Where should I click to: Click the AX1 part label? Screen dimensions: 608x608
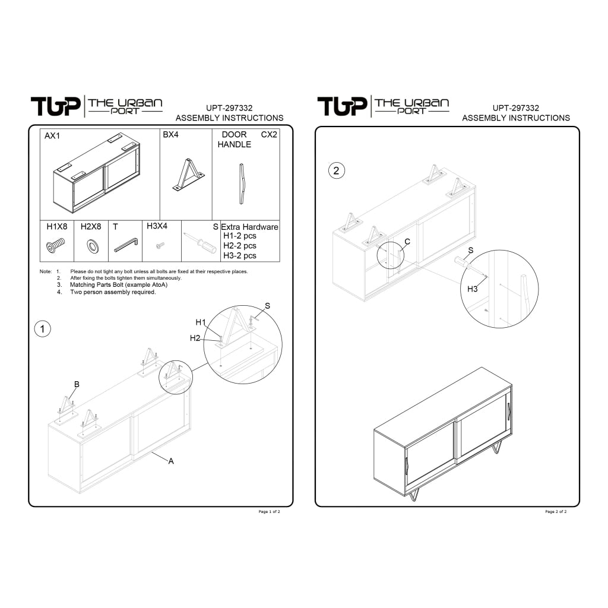point(52,136)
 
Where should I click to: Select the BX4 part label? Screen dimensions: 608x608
point(170,135)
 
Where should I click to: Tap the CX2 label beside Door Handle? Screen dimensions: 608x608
point(269,135)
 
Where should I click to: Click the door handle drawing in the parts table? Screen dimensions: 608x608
point(242,184)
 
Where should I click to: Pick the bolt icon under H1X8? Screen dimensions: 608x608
point(56,246)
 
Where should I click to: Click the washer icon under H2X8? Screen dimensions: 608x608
point(93,246)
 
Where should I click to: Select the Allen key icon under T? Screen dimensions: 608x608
point(126,245)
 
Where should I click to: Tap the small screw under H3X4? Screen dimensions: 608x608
point(160,245)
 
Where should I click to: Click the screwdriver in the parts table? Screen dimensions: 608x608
point(200,243)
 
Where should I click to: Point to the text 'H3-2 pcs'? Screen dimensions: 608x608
point(240,255)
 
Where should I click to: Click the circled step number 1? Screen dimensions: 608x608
point(43,329)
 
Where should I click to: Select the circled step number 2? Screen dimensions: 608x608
point(336,170)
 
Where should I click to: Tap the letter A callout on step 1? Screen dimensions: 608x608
point(171,461)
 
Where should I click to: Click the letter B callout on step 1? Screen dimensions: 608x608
point(77,384)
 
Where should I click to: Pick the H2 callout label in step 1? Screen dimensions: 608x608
point(195,338)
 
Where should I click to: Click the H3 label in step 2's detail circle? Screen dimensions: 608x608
point(472,289)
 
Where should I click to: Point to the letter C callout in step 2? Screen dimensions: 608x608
point(407,242)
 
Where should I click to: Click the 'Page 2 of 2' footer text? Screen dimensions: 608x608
point(556,512)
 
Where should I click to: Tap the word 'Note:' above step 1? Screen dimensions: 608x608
point(45,271)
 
